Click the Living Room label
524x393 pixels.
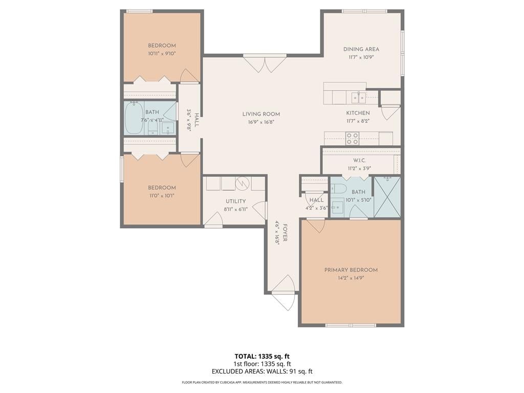pos(261,114)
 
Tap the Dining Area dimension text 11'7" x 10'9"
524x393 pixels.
pos(361,57)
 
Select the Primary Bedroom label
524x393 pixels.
pos(351,270)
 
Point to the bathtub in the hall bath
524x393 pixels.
pos(134,118)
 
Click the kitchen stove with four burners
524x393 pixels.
pos(352,138)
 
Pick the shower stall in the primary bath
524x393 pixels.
pos(387,197)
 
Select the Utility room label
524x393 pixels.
pos(235,201)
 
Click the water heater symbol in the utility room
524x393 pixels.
pos(242,183)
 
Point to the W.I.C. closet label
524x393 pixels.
pos(359,161)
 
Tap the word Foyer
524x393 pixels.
pos(285,233)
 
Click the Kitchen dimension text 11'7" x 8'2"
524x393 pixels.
pos(358,121)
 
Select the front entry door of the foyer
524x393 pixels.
pos(283,293)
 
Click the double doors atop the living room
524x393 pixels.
pos(265,63)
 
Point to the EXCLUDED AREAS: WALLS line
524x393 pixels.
pos(263,372)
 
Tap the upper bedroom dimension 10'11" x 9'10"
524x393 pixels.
pos(162,53)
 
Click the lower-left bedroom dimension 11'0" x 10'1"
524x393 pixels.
pos(162,196)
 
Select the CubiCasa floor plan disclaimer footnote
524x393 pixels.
pos(262,382)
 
